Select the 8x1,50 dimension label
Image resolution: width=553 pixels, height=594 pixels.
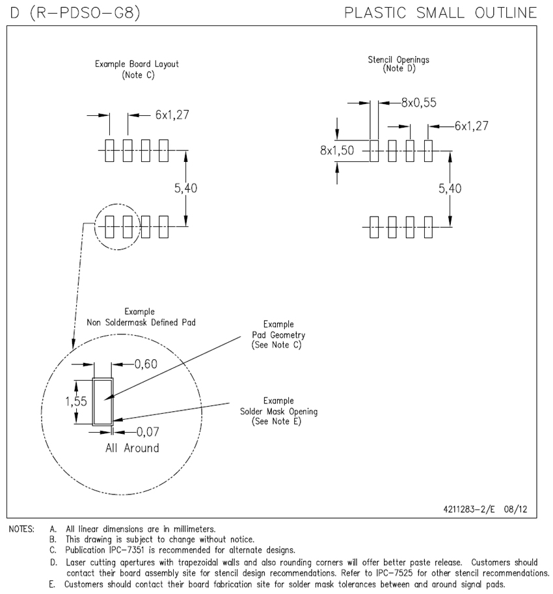(336, 150)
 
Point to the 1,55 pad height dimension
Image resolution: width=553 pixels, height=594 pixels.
(77, 401)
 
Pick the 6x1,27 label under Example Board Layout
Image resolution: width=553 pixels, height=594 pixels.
(172, 115)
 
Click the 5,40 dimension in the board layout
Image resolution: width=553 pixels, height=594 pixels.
(186, 188)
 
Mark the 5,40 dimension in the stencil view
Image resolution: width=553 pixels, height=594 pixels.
(451, 188)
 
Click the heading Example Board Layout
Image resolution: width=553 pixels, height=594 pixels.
(137, 64)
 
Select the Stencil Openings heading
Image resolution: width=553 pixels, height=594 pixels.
(399, 60)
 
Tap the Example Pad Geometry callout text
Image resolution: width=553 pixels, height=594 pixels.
(278, 334)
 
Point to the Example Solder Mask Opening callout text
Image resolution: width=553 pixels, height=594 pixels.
(278, 411)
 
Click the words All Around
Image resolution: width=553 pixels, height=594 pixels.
(132, 448)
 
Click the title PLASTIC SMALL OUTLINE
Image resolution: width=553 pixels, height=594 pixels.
(440, 12)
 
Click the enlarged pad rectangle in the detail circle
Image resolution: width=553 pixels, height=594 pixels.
(102, 401)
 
